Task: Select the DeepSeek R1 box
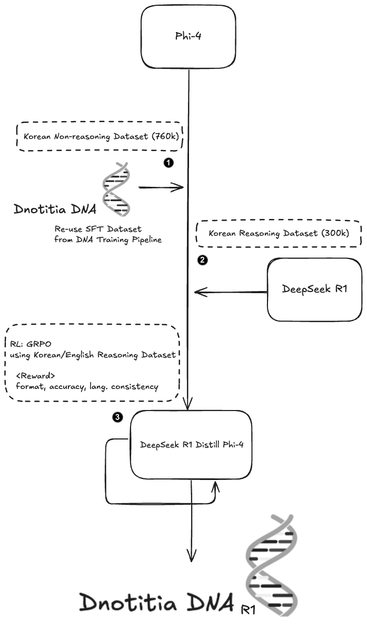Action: point(314,289)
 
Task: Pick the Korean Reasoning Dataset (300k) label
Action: point(279,233)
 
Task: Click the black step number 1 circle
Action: point(168,163)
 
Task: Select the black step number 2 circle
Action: point(202,259)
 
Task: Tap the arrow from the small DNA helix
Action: point(161,187)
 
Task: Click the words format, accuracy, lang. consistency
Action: point(87,386)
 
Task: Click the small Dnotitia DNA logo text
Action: point(55,210)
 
